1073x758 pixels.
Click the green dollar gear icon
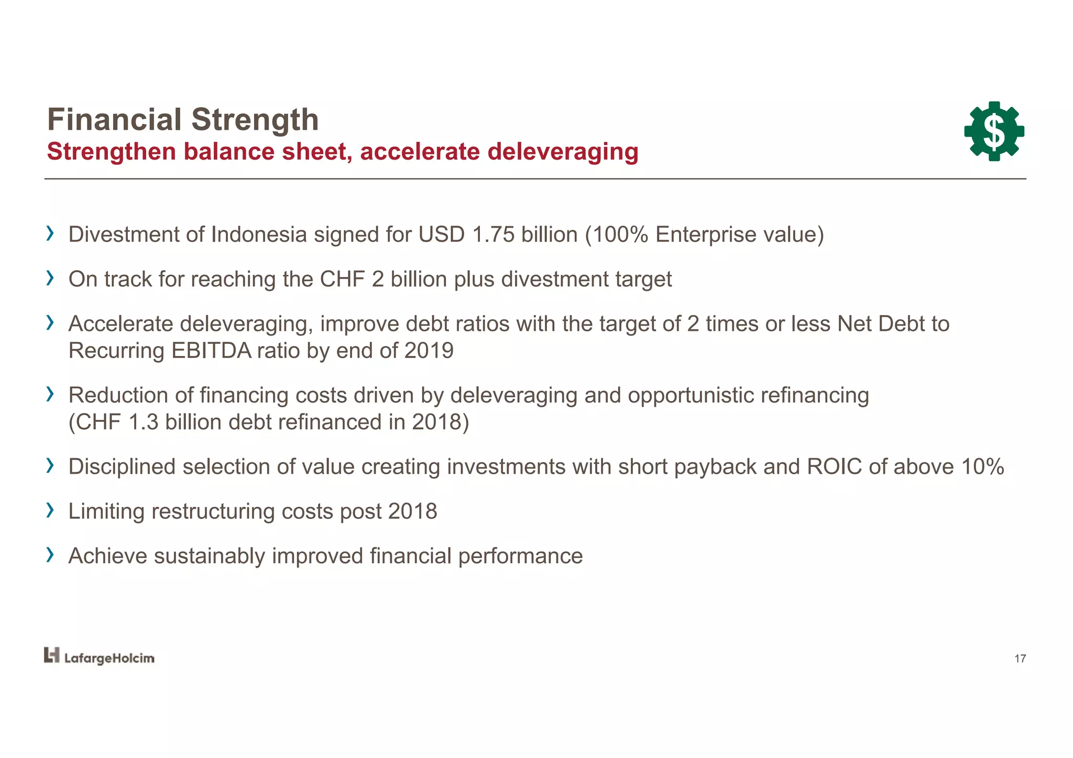tap(994, 131)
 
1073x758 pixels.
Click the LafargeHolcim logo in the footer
tap(99, 656)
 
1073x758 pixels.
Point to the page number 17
tap(1020, 659)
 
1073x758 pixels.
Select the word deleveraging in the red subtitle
tap(563, 152)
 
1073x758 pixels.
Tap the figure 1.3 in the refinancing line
tap(143, 422)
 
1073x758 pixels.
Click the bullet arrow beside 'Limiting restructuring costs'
tap(50, 510)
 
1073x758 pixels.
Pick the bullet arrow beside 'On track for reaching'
tap(50, 278)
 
